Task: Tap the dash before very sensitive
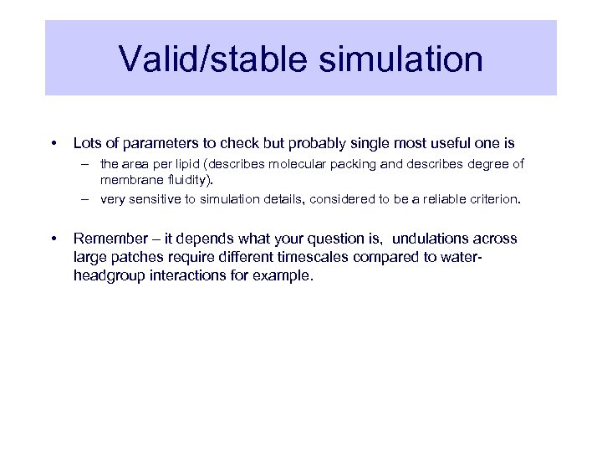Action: (86, 200)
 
